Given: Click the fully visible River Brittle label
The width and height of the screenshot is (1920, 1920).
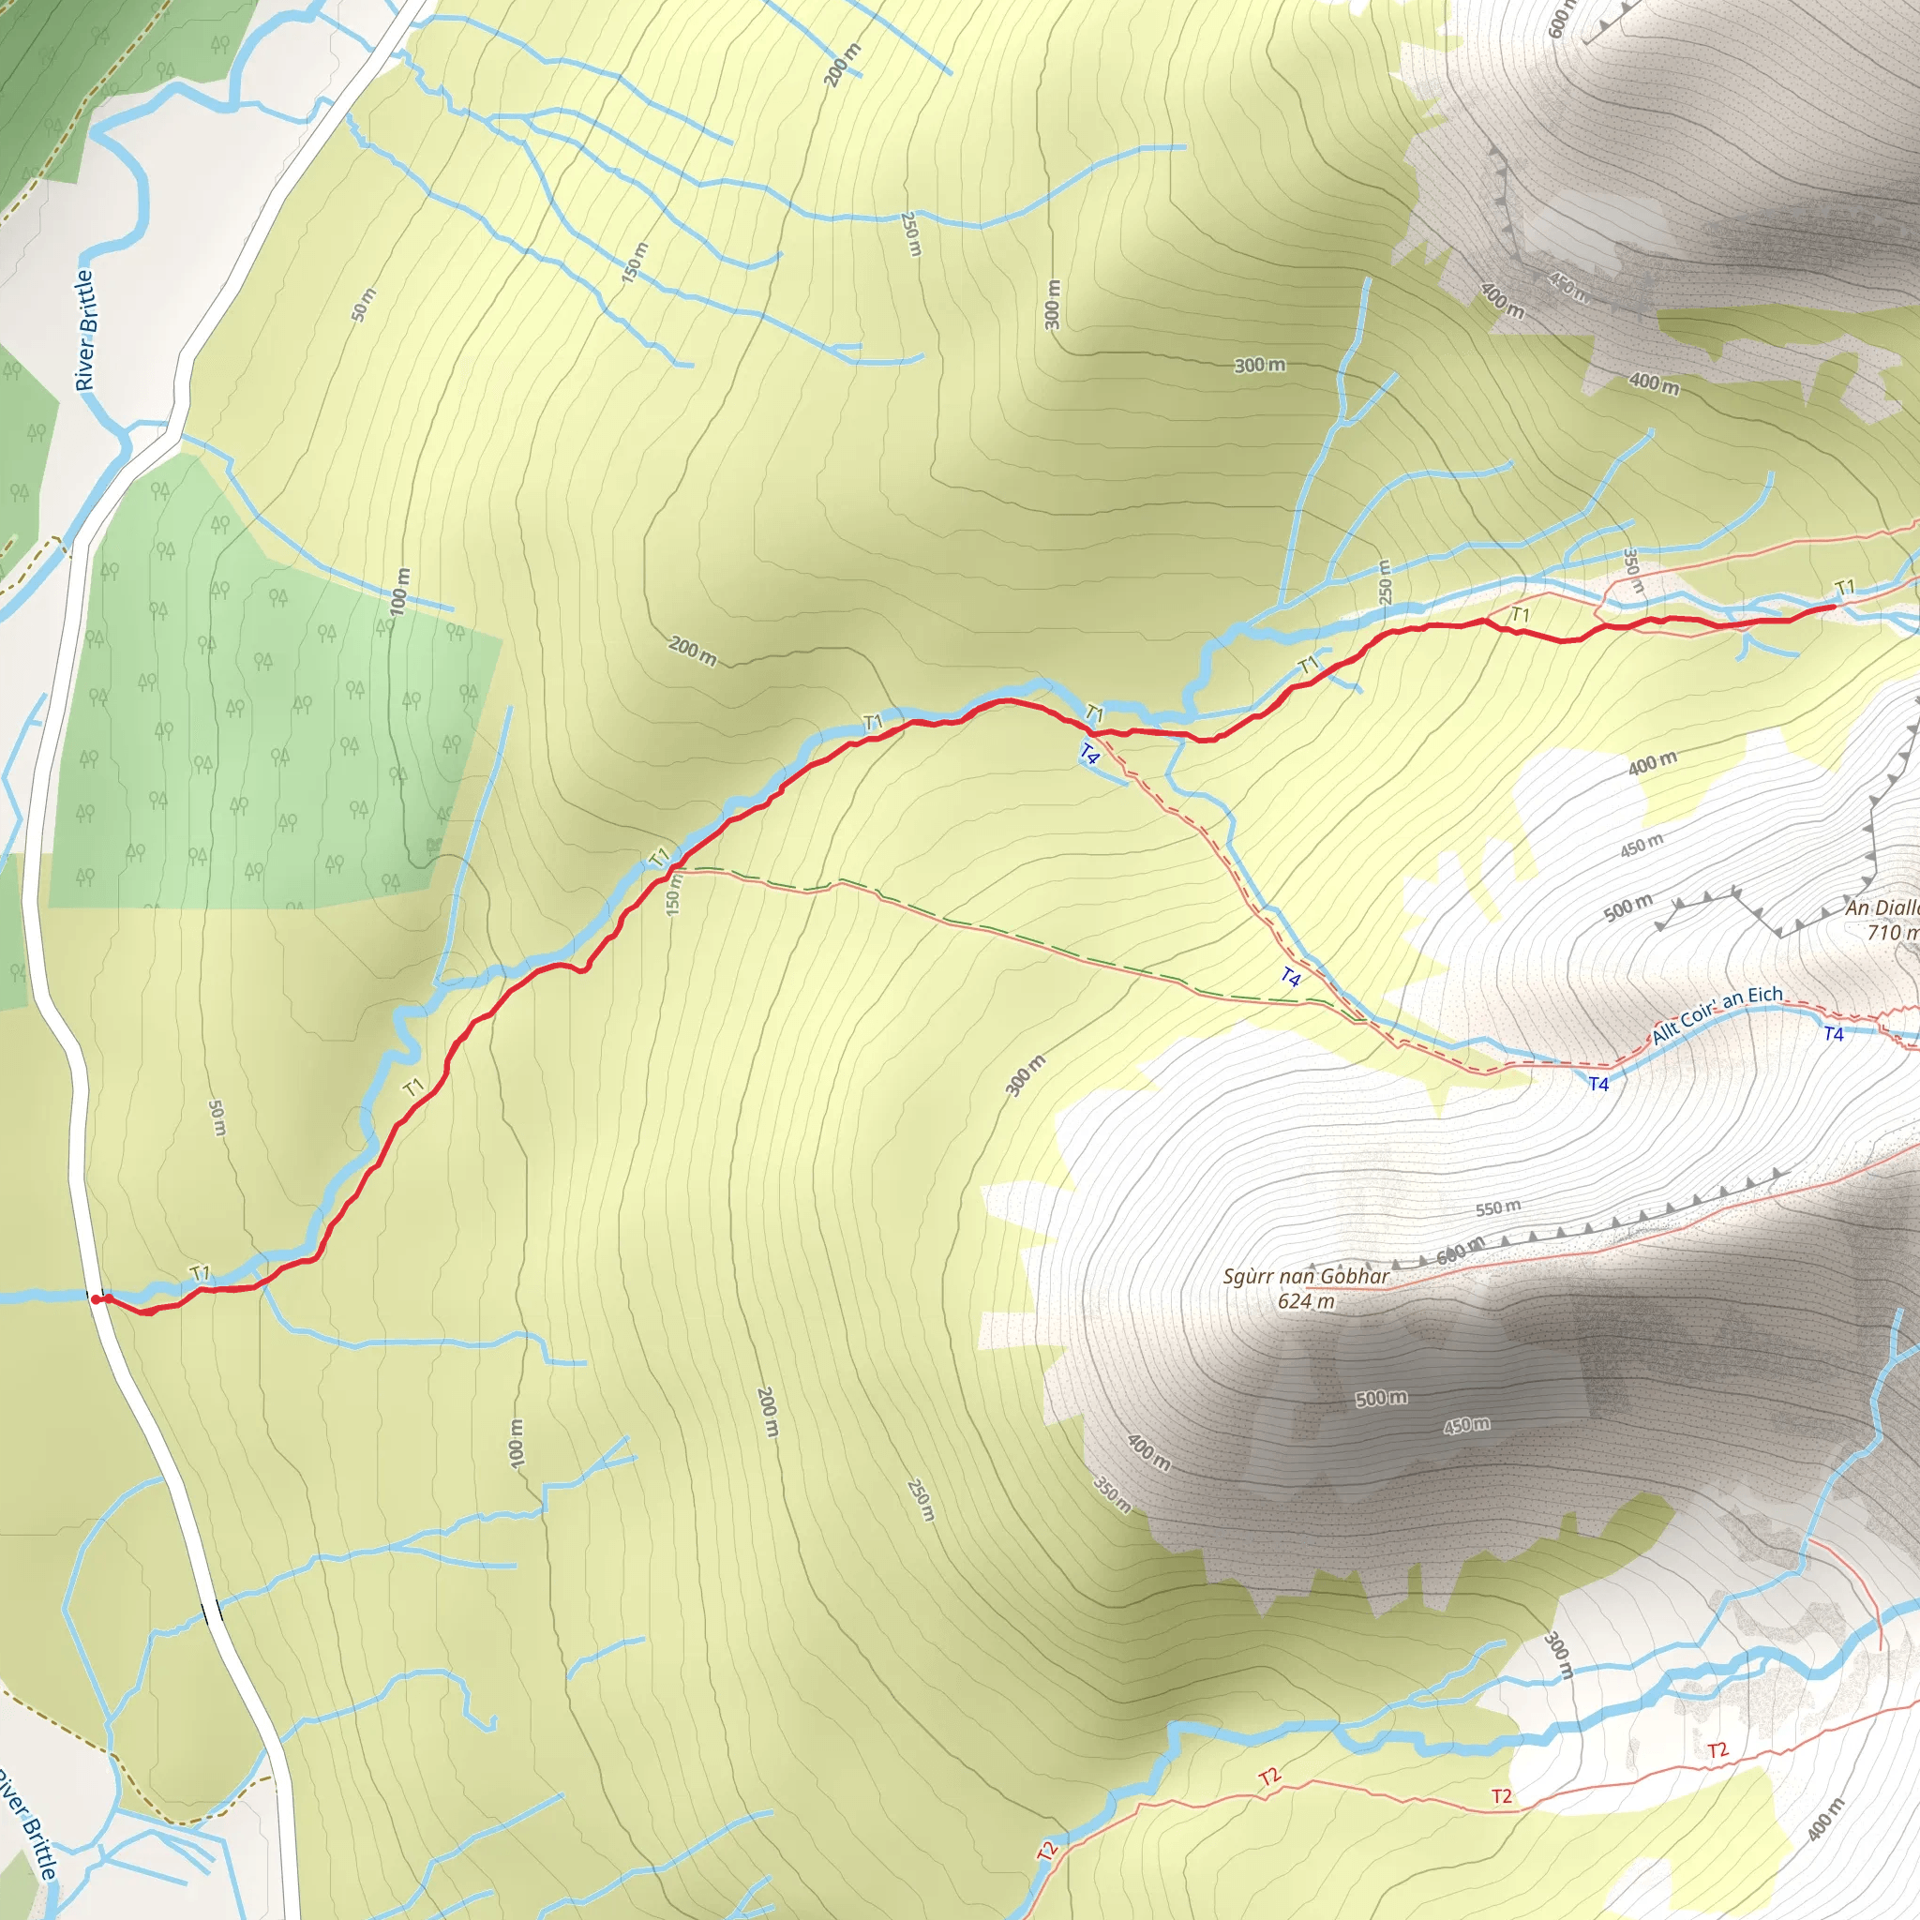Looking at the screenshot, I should pyautogui.click(x=85, y=330).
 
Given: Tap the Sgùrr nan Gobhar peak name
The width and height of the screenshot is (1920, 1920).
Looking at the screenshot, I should pyautogui.click(x=1305, y=1276).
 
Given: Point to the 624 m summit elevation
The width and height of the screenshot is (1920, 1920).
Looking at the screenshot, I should pyautogui.click(x=1306, y=1301).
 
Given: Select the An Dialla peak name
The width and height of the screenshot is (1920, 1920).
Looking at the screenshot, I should pyautogui.click(x=1882, y=907).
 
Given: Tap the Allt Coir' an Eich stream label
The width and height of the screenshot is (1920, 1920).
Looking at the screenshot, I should pyautogui.click(x=1717, y=1013).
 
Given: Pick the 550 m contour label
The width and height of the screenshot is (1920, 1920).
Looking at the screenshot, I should pyautogui.click(x=1497, y=1208).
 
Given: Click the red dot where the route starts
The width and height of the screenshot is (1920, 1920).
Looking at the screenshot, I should pyautogui.click(x=96, y=1298).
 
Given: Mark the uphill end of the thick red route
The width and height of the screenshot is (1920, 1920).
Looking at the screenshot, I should pyautogui.click(x=1833, y=607).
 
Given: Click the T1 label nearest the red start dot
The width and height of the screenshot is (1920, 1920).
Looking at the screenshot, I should pyautogui.click(x=200, y=1273).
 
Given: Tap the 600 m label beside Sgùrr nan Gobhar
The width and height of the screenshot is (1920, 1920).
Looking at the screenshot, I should pyautogui.click(x=1460, y=1251).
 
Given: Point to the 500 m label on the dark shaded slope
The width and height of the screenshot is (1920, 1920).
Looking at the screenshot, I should pyautogui.click(x=1381, y=1398).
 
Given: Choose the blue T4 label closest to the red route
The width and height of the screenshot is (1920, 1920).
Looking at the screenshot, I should pyautogui.click(x=1090, y=756).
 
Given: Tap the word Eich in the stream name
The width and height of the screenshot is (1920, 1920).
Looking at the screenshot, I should pyautogui.click(x=1765, y=995).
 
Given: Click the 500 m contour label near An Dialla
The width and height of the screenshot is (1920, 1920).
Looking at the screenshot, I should pyautogui.click(x=1627, y=907).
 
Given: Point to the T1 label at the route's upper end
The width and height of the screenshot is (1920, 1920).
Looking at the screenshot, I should pyautogui.click(x=1844, y=589).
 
